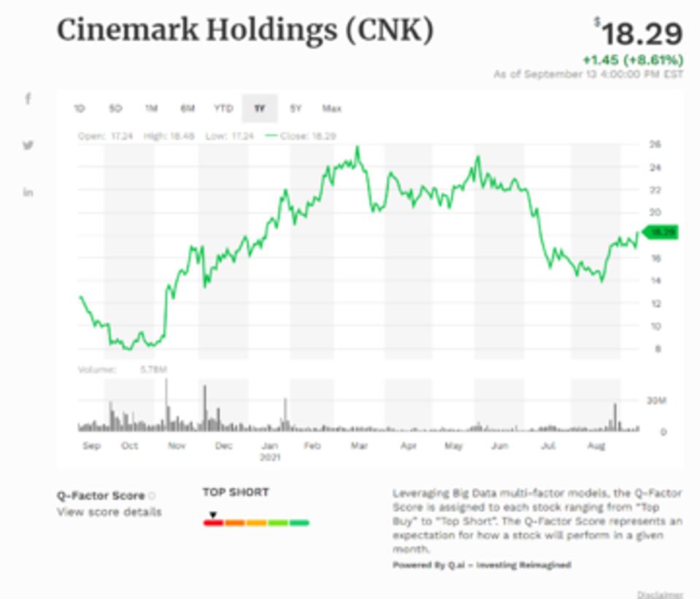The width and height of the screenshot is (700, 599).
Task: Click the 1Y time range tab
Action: (259, 109)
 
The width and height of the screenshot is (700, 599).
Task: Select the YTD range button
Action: (223, 109)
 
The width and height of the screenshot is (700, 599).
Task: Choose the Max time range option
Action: (331, 109)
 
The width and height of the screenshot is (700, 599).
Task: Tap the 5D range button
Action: (115, 109)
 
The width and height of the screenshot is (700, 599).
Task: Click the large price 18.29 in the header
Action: (642, 34)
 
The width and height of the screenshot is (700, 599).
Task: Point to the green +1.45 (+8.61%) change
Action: (632, 60)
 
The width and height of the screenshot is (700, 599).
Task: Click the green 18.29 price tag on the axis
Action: (661, 232)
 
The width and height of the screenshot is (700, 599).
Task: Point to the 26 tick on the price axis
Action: (655, 144)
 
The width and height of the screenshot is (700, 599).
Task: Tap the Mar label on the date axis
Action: (358, 445)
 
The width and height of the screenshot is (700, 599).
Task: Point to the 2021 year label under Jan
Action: (270, 457)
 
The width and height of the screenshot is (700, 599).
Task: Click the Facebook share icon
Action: (28, 98)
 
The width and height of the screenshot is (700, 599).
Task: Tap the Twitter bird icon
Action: (28, 145)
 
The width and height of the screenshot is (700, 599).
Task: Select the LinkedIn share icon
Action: (28, 192)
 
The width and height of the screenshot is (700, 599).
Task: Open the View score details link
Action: (109, 511)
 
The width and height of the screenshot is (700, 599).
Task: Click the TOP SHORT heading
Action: (236, 492)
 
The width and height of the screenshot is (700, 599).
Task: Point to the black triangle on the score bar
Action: (212, 515)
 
